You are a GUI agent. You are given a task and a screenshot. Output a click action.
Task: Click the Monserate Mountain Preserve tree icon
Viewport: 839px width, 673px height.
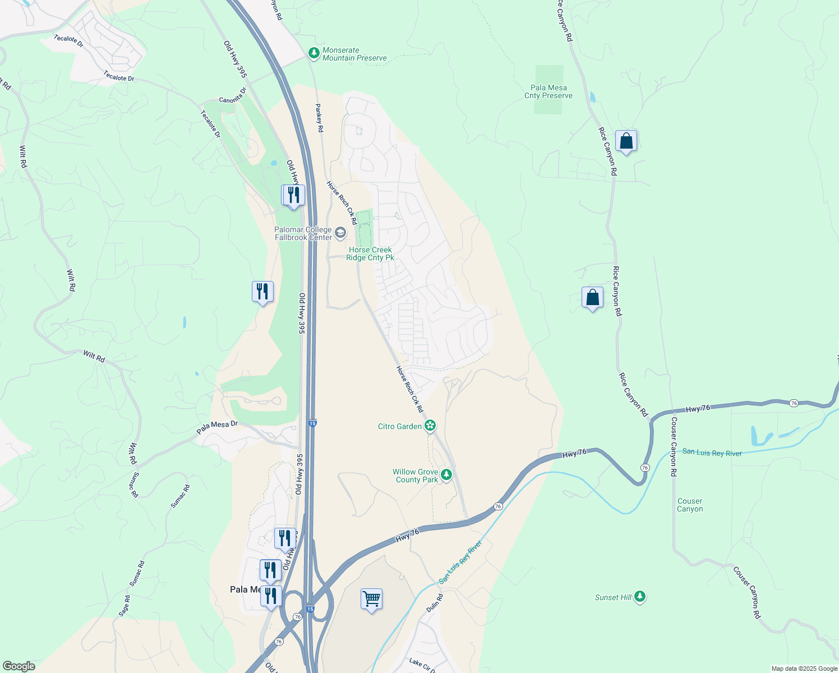(x=314, y=54)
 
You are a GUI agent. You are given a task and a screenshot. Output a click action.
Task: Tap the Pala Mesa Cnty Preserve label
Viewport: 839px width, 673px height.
(x=548, y=91)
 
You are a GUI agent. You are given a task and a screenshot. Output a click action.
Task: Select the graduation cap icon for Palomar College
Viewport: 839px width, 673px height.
(x=340, y=233)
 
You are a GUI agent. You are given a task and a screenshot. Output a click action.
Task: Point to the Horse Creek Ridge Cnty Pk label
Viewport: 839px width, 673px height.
(x=370, y=254)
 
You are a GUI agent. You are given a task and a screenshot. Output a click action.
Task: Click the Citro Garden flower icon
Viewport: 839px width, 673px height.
(x=430, y=426)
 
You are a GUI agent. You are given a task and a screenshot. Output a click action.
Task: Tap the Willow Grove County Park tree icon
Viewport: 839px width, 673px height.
(x=446, y=476)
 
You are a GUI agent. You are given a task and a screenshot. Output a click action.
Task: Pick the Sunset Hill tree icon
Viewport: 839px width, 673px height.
(x=640, y=597)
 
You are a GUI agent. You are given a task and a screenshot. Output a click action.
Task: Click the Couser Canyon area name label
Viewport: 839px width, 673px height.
(x=690, y=505)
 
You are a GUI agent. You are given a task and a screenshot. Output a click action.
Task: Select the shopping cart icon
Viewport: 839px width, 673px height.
(x=371, y=600)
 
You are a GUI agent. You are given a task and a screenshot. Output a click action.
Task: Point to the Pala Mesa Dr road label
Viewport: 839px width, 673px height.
(x=217, y=428)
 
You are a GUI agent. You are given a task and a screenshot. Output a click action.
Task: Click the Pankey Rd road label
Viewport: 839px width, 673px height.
(x=319, y=118)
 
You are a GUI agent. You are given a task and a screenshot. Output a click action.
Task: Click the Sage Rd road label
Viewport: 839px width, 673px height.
(x=125, y=606)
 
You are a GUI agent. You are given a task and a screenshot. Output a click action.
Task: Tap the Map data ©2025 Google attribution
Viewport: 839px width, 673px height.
(x=804, y=669)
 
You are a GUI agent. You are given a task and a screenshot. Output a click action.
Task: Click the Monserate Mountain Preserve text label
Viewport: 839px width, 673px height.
(x=354, y=54)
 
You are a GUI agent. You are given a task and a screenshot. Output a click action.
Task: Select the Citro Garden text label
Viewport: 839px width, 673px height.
(x=400, y=426)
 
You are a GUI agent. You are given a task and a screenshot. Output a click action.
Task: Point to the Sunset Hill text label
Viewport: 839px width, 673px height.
(x=614, y=597)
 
